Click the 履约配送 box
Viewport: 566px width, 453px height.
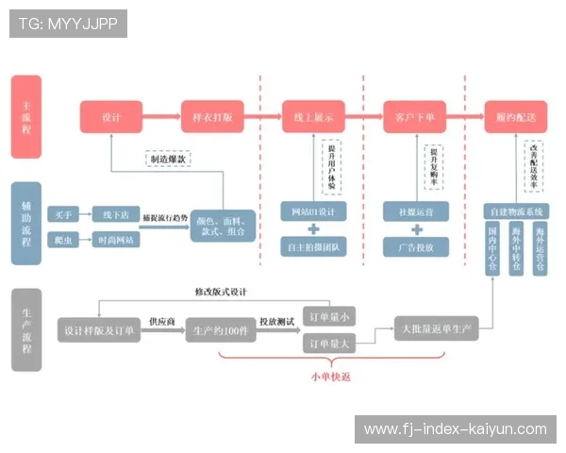[515, 117]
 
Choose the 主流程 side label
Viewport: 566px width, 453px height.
[26, 117]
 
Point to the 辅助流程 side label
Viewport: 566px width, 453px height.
[26, 224]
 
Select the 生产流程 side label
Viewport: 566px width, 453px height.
[26, 329]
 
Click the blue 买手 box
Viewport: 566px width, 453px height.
[63, 214]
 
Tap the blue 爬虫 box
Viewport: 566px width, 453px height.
[63, 241]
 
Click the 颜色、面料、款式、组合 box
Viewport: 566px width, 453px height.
[223, 226]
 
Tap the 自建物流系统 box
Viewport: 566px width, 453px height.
[515, 210]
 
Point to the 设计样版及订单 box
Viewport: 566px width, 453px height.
[99, 331]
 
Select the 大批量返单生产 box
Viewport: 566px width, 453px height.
[437, 330]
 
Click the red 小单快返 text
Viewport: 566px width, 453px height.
[327, 376]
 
